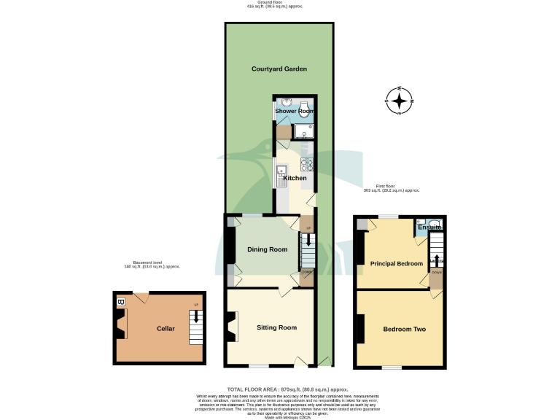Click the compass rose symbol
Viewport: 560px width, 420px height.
(400, 101)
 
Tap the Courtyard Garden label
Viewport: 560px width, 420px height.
(279, 69)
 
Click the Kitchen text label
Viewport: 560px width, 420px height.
(295, 178)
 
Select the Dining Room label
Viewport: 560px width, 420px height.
(267, 249)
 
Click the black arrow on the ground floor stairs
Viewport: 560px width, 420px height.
(308, 239)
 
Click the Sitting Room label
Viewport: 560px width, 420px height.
(276, 327)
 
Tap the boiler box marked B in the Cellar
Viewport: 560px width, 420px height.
(121, 301)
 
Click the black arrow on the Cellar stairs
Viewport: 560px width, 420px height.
(195, 315)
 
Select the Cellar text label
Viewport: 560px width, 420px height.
(166, 329)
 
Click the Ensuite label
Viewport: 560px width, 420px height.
(430, 227)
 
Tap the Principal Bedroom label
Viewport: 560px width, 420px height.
(397, 263)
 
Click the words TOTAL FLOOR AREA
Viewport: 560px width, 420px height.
(253, 390)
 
